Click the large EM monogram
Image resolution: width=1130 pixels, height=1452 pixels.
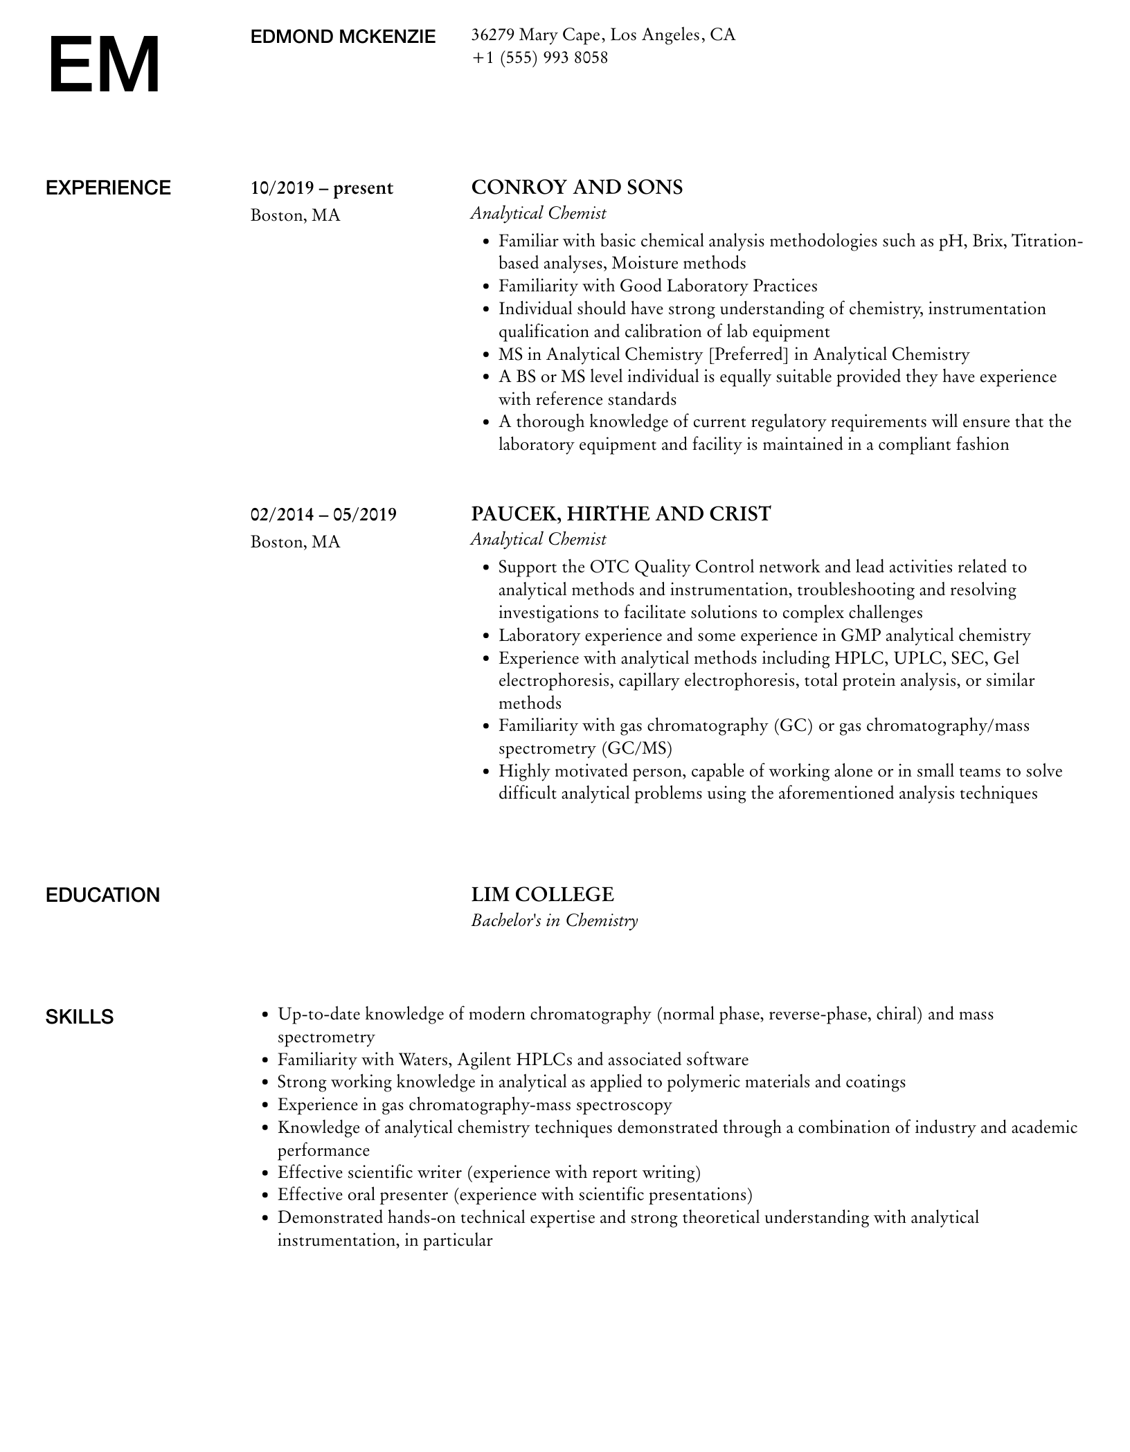(104, 66)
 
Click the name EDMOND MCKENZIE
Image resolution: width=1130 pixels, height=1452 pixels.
(343, 37)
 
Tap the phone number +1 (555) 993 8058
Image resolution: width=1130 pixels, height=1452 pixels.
(539, 57)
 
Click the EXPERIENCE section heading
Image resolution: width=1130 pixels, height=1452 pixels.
(108, 188)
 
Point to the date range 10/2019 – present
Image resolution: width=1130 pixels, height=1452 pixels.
(321, 188)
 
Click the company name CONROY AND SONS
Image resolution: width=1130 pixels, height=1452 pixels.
(577, 188)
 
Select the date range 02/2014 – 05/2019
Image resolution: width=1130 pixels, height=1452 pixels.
(323, 514)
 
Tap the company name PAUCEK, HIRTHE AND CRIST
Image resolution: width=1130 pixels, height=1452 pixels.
(620, 514)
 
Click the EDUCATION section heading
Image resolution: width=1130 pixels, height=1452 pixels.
(102, 895)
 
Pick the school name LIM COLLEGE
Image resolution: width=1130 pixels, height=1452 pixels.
(542, 894)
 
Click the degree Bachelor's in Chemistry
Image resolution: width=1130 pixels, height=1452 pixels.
(554, 920)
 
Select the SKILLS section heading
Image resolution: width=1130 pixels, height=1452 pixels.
(80, 1017)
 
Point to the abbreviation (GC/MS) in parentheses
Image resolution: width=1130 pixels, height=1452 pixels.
(636, 748)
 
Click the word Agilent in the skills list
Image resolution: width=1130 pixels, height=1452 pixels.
(484, 1060)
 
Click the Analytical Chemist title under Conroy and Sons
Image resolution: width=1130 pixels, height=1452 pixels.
(538, 213)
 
